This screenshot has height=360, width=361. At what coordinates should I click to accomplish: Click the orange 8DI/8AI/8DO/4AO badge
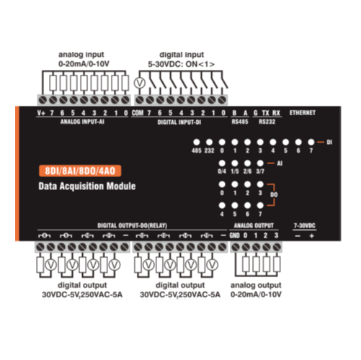click(x=80, y=171)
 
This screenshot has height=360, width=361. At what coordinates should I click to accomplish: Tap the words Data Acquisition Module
click(x=87, y=186)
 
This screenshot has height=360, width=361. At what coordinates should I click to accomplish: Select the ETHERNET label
click(x=303, y=112)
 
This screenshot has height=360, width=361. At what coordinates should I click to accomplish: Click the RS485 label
click(x=240, y=122)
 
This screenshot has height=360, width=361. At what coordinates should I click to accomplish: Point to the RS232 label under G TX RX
click(x=267, y=122)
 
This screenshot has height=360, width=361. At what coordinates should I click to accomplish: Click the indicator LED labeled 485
click(x=197, y=143)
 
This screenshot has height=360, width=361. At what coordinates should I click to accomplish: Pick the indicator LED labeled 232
click(x=209, y=143)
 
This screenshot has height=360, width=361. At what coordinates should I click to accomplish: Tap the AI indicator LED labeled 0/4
click(x=222, y=163)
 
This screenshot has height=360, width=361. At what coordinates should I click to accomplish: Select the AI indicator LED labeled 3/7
click(x=260, y=163)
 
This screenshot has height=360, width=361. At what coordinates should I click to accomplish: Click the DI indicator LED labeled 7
click(x=311, y=143)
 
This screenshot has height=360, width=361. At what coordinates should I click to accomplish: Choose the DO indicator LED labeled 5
click(x=235, y=205)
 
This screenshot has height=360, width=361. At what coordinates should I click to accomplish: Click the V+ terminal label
click(x=41, y=113)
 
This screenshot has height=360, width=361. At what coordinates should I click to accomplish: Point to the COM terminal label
click(x=138, y=113)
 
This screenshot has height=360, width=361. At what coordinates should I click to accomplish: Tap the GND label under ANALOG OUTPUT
click(x=234, y=235)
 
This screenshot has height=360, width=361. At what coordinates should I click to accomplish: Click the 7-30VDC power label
click(x=304, y=225)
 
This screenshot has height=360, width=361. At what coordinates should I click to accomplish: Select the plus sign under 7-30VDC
click(x=311, y=236)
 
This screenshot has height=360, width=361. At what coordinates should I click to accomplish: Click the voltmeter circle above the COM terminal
click(x=140, y=84)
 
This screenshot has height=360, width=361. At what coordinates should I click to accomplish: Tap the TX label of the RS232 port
click(x=265, y=113)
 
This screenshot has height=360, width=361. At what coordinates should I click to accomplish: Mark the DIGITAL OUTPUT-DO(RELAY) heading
click(x=132, y=225)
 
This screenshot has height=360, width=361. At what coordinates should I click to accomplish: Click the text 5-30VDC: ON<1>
click(x=181, y=64)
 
